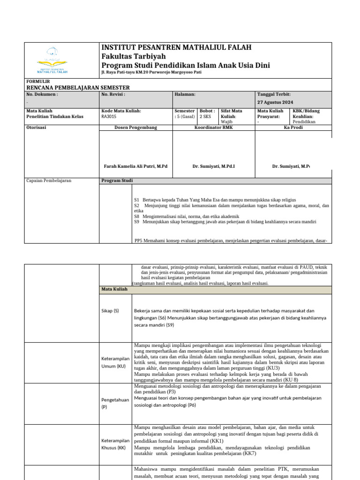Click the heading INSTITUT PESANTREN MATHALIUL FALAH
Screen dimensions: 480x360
pos(176,47)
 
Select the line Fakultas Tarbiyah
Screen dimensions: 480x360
pos(129,56)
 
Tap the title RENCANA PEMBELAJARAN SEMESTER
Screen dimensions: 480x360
pos(77,88)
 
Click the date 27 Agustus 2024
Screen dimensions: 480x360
pos(276,102)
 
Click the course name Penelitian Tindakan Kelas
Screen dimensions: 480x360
pos(55,117)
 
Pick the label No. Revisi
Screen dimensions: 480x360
pos(113,94)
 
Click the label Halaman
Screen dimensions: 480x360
pos(185,94)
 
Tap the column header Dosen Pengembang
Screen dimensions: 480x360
pos(136,127)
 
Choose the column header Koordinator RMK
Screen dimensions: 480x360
pos(213,127)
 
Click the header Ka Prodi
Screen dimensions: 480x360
pos(293,127)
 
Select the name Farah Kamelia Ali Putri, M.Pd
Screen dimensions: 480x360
pos(135,166)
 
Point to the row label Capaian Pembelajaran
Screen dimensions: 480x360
pos(49,180)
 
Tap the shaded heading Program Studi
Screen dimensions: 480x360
pos(117,180)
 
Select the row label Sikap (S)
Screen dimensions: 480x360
pos(110,311)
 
